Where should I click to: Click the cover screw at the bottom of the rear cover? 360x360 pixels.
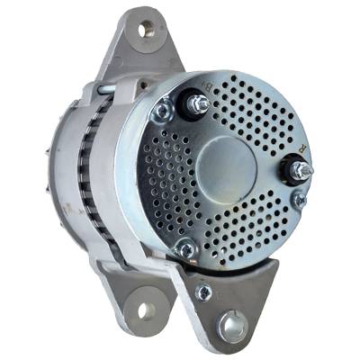[185, 249]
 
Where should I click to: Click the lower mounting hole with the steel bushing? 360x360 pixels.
[233, 325]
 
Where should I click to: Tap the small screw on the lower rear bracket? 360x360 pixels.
[205, 291]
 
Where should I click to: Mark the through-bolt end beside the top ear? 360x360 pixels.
[106, 88]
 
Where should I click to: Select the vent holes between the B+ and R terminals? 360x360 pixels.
[256, 117]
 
